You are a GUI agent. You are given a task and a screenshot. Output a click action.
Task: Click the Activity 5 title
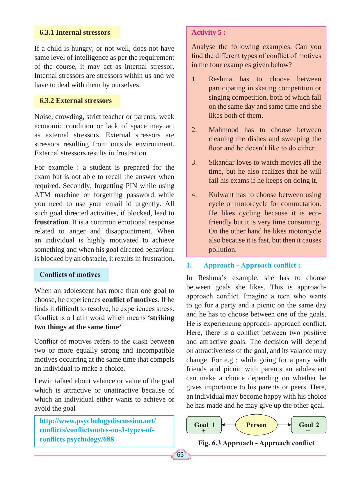pyautogui.click(x=208, y=32)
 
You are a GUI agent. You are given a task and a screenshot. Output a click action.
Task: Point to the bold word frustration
pyautogui.click(x=51, y=222)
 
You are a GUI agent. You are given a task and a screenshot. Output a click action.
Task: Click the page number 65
pyautogui.click(x=180, y=454)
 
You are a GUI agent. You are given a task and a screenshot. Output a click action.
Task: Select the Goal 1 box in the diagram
pyautogui.click(x=204, y=425)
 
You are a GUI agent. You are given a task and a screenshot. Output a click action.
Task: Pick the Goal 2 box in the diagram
pyautogui.click(x=309, y=425)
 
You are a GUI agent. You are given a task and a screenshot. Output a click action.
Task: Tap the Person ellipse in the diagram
pyautogui.click(x=256, y=425)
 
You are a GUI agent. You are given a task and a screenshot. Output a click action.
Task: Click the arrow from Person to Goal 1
pyautogui.click(x=228, y=425)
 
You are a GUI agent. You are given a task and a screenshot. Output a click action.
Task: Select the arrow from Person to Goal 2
pyautogui.click(x=284, y=425)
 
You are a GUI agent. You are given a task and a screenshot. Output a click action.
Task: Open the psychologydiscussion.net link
pyautogui.click(x=97, y=430)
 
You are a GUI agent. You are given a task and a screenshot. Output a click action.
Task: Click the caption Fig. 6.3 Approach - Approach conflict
pyautogui.click(x=256, y=443)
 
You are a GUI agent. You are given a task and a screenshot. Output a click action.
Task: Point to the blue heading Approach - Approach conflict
pyautogui.click(x=252, y=265)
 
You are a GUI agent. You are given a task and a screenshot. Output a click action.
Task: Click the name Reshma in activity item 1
pyautogui.click(x=220, y=79)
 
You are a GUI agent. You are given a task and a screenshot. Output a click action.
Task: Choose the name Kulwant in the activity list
pyautogui.click(x=221, y=195)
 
